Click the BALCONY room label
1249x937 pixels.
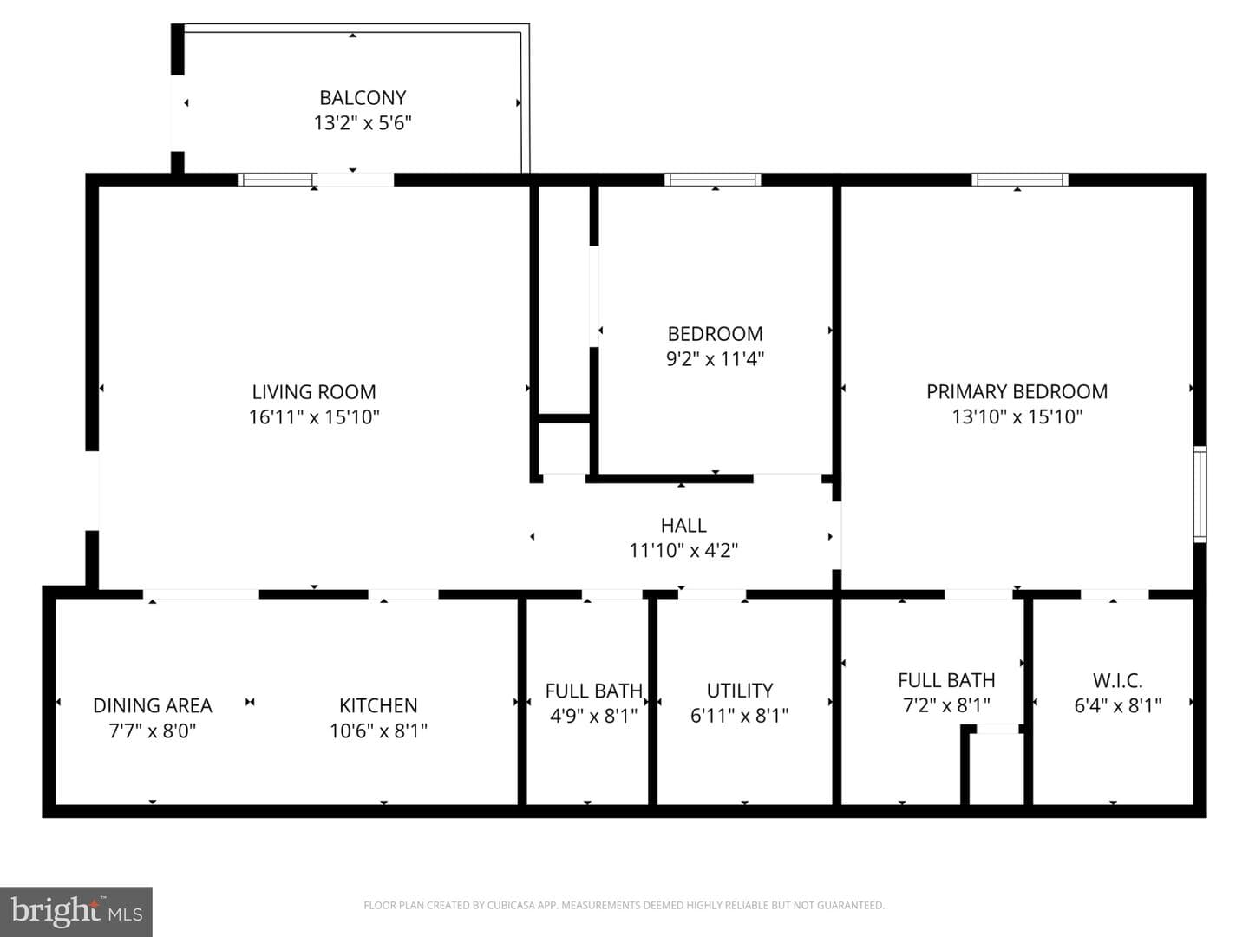pos(363,98)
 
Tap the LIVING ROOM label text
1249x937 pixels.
pos(314,392)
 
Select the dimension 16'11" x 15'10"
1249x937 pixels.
pos(314,417)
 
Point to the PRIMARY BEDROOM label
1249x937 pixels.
pos(1017,392)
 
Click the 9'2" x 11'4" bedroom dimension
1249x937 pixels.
pos(715,359)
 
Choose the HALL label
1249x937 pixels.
pos(683,526)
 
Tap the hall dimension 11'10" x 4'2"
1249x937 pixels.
pos(683,551)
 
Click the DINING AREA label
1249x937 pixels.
pos(153,705)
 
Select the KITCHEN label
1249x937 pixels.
pos(378,705)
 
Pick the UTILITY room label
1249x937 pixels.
pos(740,691)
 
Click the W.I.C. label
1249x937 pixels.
pos(1117,680)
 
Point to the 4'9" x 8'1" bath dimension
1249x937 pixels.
pos(593,716)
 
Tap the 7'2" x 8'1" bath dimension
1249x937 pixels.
pos(946,705)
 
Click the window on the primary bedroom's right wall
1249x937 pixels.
pos(1199,494)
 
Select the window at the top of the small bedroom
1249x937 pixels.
pos(712,180)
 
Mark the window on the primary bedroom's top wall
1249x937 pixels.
pos(1020,180)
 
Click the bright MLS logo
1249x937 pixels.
pos(76,911)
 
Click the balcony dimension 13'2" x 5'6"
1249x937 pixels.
pos(363,123)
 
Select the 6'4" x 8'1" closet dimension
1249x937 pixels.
pos(1117,705)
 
